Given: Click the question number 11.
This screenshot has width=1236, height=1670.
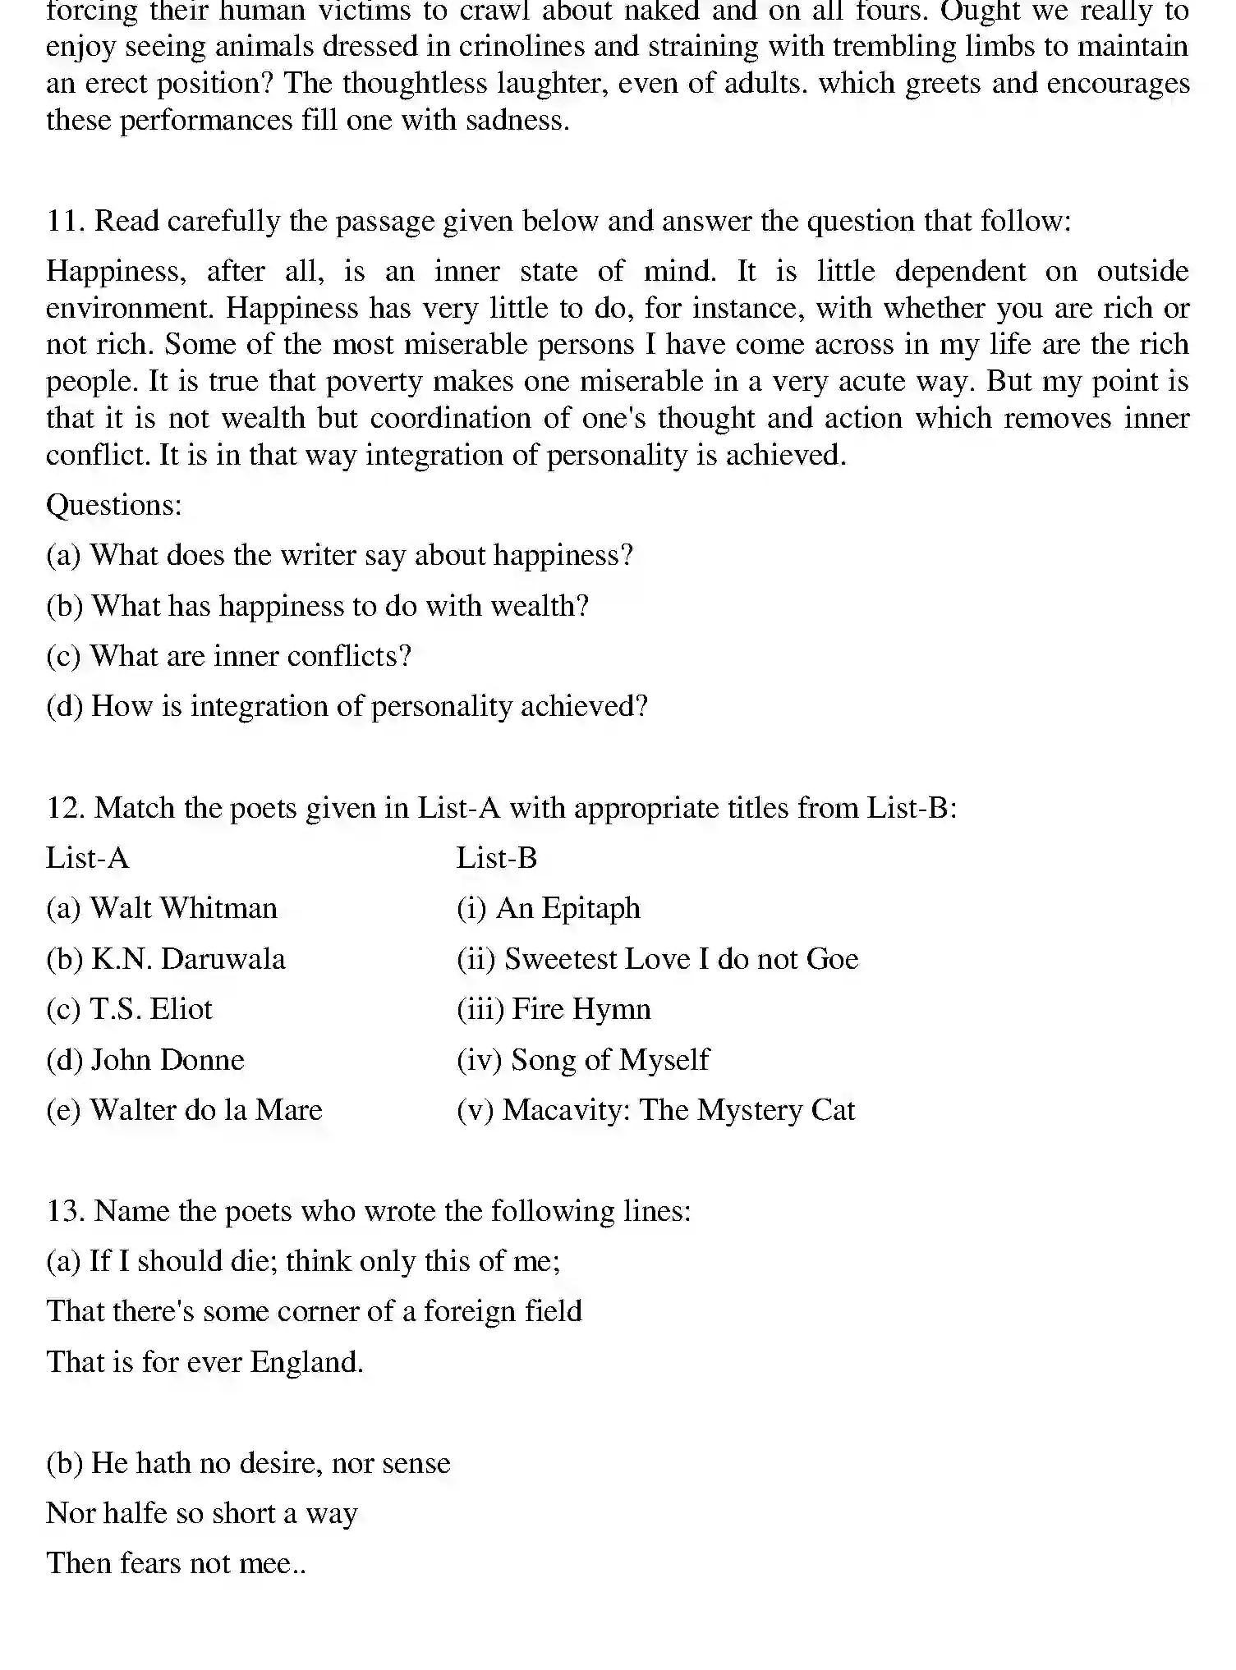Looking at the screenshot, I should [65, 222].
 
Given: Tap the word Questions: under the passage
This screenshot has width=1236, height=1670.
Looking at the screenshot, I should [113, 505].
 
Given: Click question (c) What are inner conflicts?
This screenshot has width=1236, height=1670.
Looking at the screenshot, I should [228, 656].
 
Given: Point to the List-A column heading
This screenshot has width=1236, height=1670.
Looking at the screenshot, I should [87, 858].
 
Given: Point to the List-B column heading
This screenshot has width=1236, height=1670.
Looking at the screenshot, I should [496, 858].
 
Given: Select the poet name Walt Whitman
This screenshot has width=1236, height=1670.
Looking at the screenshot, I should [183, 908].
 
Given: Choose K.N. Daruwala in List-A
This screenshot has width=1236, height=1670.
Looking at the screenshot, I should [188, 959].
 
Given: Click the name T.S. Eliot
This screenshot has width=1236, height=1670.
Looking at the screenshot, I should [151, 1009].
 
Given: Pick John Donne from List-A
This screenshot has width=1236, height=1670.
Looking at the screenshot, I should [167, 1060].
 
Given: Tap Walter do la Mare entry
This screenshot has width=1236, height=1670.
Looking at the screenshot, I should [205, 1110].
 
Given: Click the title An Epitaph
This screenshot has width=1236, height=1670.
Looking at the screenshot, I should [567, 908].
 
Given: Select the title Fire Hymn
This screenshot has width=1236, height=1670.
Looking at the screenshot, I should [581, 1009].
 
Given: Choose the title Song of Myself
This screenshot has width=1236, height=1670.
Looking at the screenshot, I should [609, 1060].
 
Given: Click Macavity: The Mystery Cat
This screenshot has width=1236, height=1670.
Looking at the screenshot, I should [678, 1110].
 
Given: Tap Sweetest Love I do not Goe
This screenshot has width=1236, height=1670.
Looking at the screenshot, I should [681, 959].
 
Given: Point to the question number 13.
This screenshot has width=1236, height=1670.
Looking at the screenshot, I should [65, 1211].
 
